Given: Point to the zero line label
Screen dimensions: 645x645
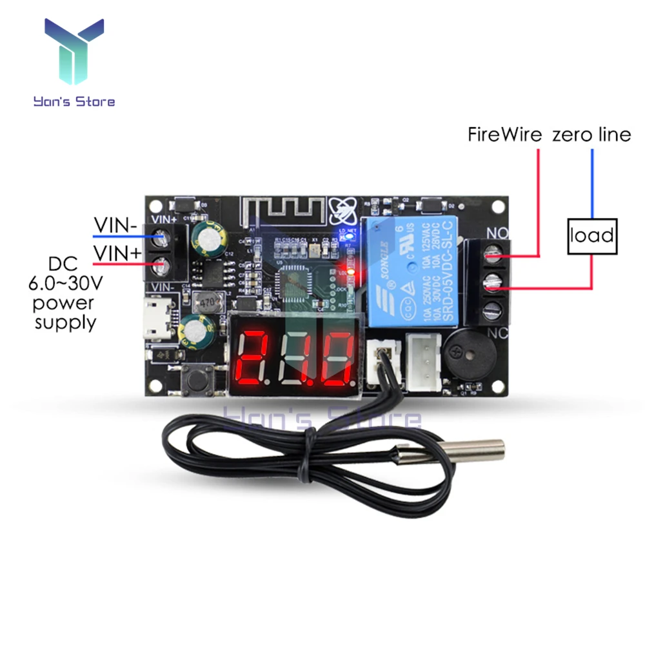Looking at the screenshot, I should pyautogui.click(x=591, y=135).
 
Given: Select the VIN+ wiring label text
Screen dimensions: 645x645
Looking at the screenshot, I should pyautogui.click(x=117, y=253).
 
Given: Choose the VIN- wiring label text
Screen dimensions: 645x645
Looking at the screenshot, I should pyautogui.click(x=117, y=226).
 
